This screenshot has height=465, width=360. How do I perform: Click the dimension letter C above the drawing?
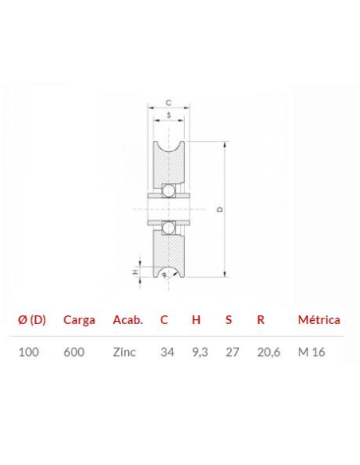pyautogui.click(x=169, y=103)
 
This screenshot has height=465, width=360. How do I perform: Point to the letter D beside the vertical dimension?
pyautogui.click(x=219, y=209)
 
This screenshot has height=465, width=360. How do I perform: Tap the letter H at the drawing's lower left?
pyautogui.click(x=135, y=272)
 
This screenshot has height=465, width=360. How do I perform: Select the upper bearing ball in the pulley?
pyautogui.click(x=169, y=190)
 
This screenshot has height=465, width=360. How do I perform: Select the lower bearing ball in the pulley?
pyautogui.click(x=169, y=228)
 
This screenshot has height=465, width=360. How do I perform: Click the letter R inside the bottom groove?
pyautogui.click(x=165, y=275)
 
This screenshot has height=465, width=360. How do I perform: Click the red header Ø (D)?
pyautogui.click(x=32, y=320)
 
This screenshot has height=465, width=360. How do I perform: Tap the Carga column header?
pyautogui.click(x=79, y=320)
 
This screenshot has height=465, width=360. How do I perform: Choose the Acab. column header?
pyautogui.click(x=127, y=320)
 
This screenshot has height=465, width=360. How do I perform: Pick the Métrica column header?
pyautogui.click(x=319, y=320)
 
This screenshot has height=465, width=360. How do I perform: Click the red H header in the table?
pyautogui.click(x=196, y=320)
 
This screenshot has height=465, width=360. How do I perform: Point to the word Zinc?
pyautogui.click(x=124, y=352)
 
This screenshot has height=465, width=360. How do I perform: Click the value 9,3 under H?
pyautogui.click(x=199, y=352)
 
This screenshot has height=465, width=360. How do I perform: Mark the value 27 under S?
pyautogui.click(x=233, y=352)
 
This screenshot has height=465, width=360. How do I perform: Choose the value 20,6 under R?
pyautogui.click(x=268, y=352)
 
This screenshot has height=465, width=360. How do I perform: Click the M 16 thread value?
pyautogui.click(x=311, y=352)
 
